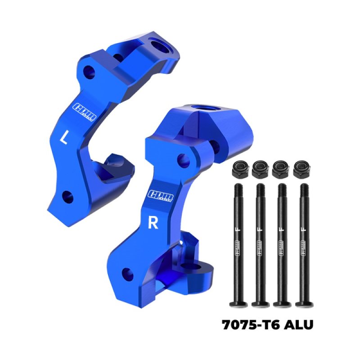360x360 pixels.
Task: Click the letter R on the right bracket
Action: pos(153,224)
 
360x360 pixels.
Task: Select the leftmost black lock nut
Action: pos(238,170)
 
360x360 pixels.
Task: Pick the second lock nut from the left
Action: pos(260,170)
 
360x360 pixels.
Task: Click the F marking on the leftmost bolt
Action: pos(238,234)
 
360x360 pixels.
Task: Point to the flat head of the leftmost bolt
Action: pos(238,305)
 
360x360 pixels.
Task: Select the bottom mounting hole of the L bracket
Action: pos(68,196)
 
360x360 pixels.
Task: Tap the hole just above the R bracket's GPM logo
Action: pos(183,158)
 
